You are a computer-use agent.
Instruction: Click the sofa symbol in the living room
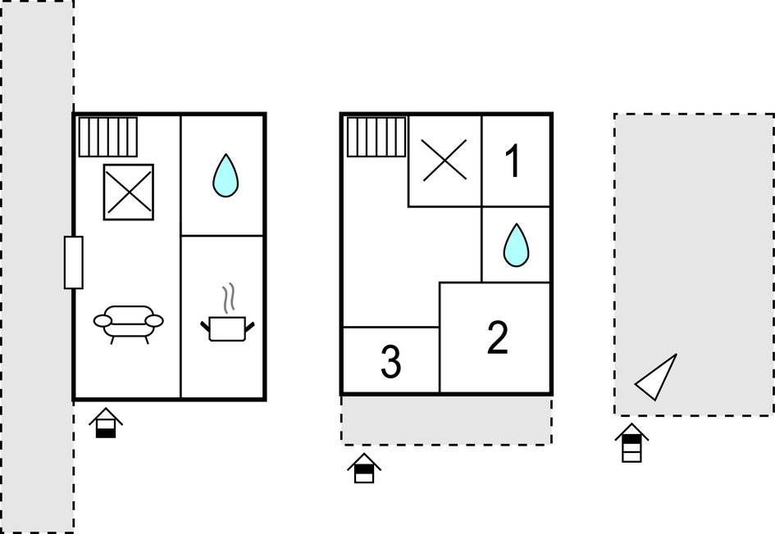(x=129, y=323)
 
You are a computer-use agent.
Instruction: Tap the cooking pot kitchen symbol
(x=227, y=328)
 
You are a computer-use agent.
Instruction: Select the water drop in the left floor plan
(x=226, y=175)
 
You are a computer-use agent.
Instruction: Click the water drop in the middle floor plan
(x=516, y=245)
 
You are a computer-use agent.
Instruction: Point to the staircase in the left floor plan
(x=108, y=137)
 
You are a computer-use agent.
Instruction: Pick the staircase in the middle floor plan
(x=376, y=137)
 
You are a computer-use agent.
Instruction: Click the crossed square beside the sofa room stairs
(x=129, y=192)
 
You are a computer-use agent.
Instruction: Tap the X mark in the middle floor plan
(x=444, y=160)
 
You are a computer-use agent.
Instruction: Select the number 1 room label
(x=513, y=161)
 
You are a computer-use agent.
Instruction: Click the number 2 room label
(x=497, y=338)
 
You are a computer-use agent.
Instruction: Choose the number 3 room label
(x=391, y=362)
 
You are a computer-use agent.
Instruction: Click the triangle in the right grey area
(x=658, y=378)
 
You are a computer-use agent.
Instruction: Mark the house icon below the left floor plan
(x=106, y=423)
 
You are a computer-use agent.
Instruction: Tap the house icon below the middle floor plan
(x=364, y=468)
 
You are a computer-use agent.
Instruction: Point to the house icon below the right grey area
(x=631, y=443)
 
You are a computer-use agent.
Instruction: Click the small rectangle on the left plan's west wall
(x=74, y=262)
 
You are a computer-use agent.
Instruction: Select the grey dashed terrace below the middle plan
(x=446, y=421)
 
